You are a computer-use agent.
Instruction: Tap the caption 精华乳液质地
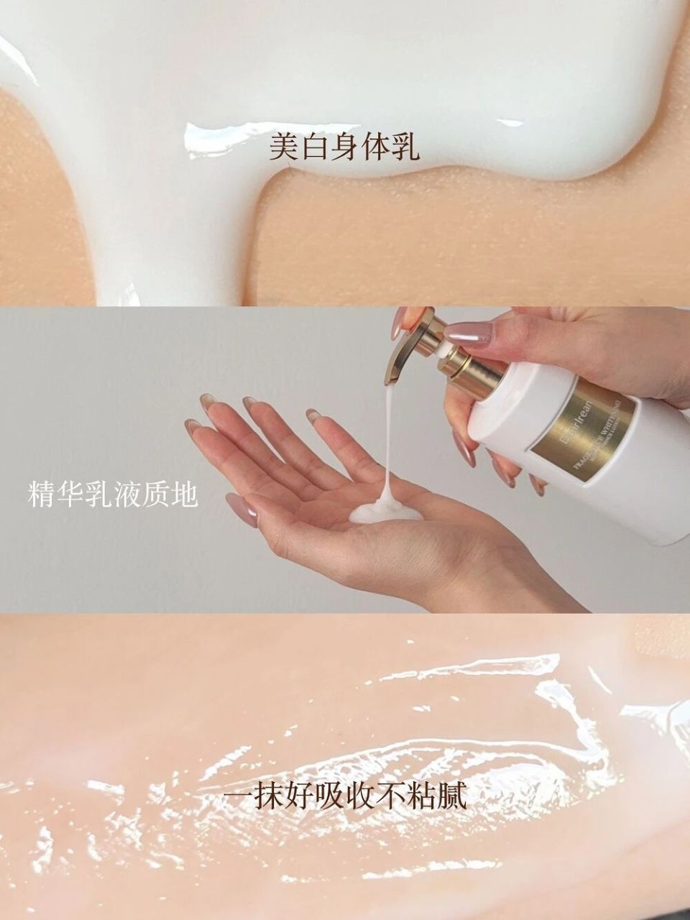point(113,495)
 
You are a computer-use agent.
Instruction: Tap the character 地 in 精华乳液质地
point(184,495)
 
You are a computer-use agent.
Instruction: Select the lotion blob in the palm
point(385,512)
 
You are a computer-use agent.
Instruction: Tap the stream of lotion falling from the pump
point(389,438)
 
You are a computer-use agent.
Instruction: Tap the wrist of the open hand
point(431,575)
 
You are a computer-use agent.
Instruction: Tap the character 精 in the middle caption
point(42,495)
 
